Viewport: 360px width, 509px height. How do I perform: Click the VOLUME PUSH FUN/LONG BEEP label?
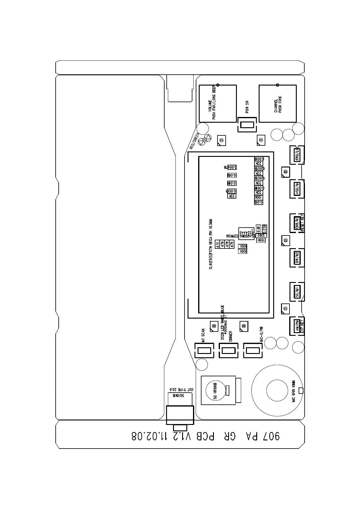(212, 103)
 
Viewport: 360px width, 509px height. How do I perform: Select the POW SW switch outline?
(247, 125)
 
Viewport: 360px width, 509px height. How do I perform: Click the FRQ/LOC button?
(297, 155)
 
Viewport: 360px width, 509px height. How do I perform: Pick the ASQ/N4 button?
(297, 189)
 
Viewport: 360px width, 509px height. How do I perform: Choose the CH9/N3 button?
(297, 223)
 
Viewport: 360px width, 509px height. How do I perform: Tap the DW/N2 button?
(297, 258)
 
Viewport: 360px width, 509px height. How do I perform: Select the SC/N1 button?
(297, 292)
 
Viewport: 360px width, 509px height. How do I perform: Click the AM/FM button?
(297, 326)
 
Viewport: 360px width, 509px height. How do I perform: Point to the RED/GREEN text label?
(194, 141)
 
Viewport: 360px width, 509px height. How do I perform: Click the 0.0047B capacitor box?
(230, 167)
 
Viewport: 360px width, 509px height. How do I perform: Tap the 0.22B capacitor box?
(264, 229)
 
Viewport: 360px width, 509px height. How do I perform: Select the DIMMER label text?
(231, 336)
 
